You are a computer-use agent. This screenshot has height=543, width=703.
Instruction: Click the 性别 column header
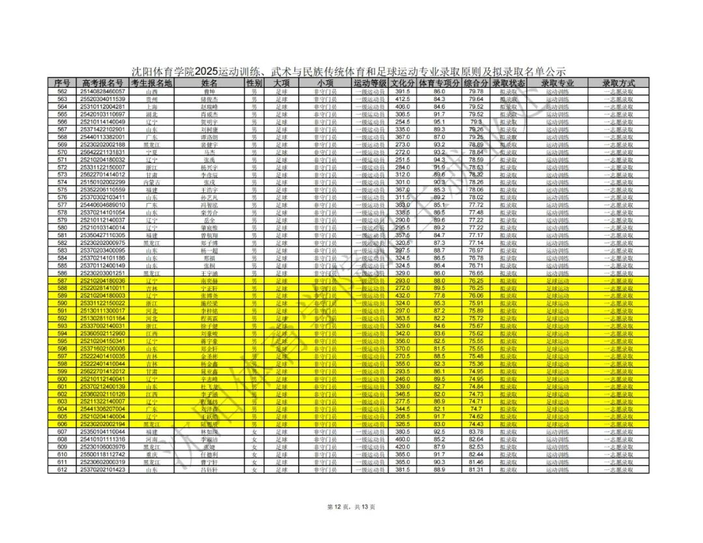click(x=255, y=83)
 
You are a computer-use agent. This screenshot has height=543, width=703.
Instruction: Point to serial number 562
click(x=62, y=92)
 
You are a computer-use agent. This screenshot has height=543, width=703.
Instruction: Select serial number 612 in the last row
click(x=62, y=469)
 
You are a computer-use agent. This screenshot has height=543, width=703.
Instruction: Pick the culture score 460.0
click(x=402, y=439)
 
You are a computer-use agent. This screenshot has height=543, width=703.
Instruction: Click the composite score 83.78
click(x=476, y=432)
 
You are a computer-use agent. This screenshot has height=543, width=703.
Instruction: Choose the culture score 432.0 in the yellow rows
click(x=402, y=296)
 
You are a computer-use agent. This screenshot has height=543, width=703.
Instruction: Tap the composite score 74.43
click(x=476, y=424)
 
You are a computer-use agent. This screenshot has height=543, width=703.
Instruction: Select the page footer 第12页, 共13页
click(x=351, y=507)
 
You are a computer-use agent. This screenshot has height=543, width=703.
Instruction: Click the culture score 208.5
click(x=402, y=416)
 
